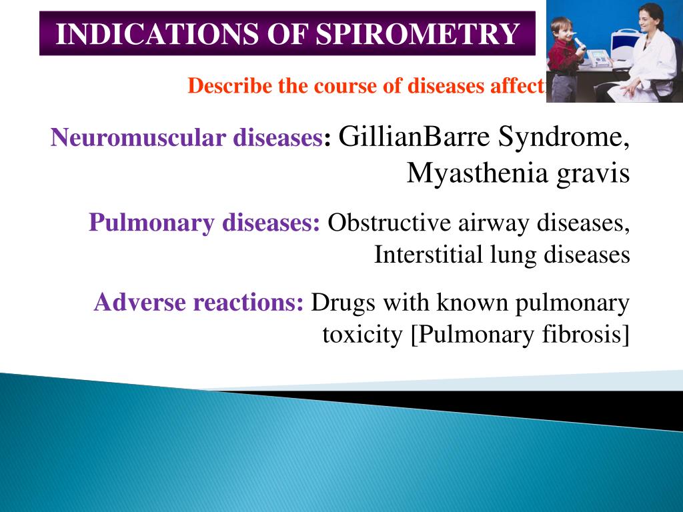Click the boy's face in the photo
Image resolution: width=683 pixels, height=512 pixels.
562,30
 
